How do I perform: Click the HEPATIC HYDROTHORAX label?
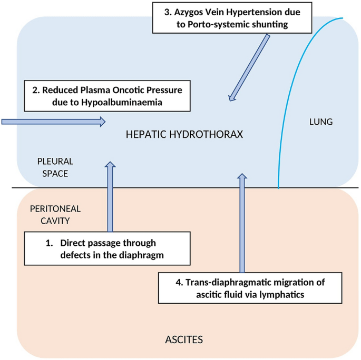point(184,134)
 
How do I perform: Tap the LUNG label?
point(320,122)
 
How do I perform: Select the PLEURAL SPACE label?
point(55,167)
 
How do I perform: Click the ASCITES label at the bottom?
point(184,339)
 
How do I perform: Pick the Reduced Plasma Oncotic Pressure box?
point(106,95)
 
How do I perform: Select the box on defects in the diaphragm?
point(108,249)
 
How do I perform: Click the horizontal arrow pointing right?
point(53,122)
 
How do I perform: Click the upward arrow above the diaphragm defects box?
point(110,197)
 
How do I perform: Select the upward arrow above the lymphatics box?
point(242,222)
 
